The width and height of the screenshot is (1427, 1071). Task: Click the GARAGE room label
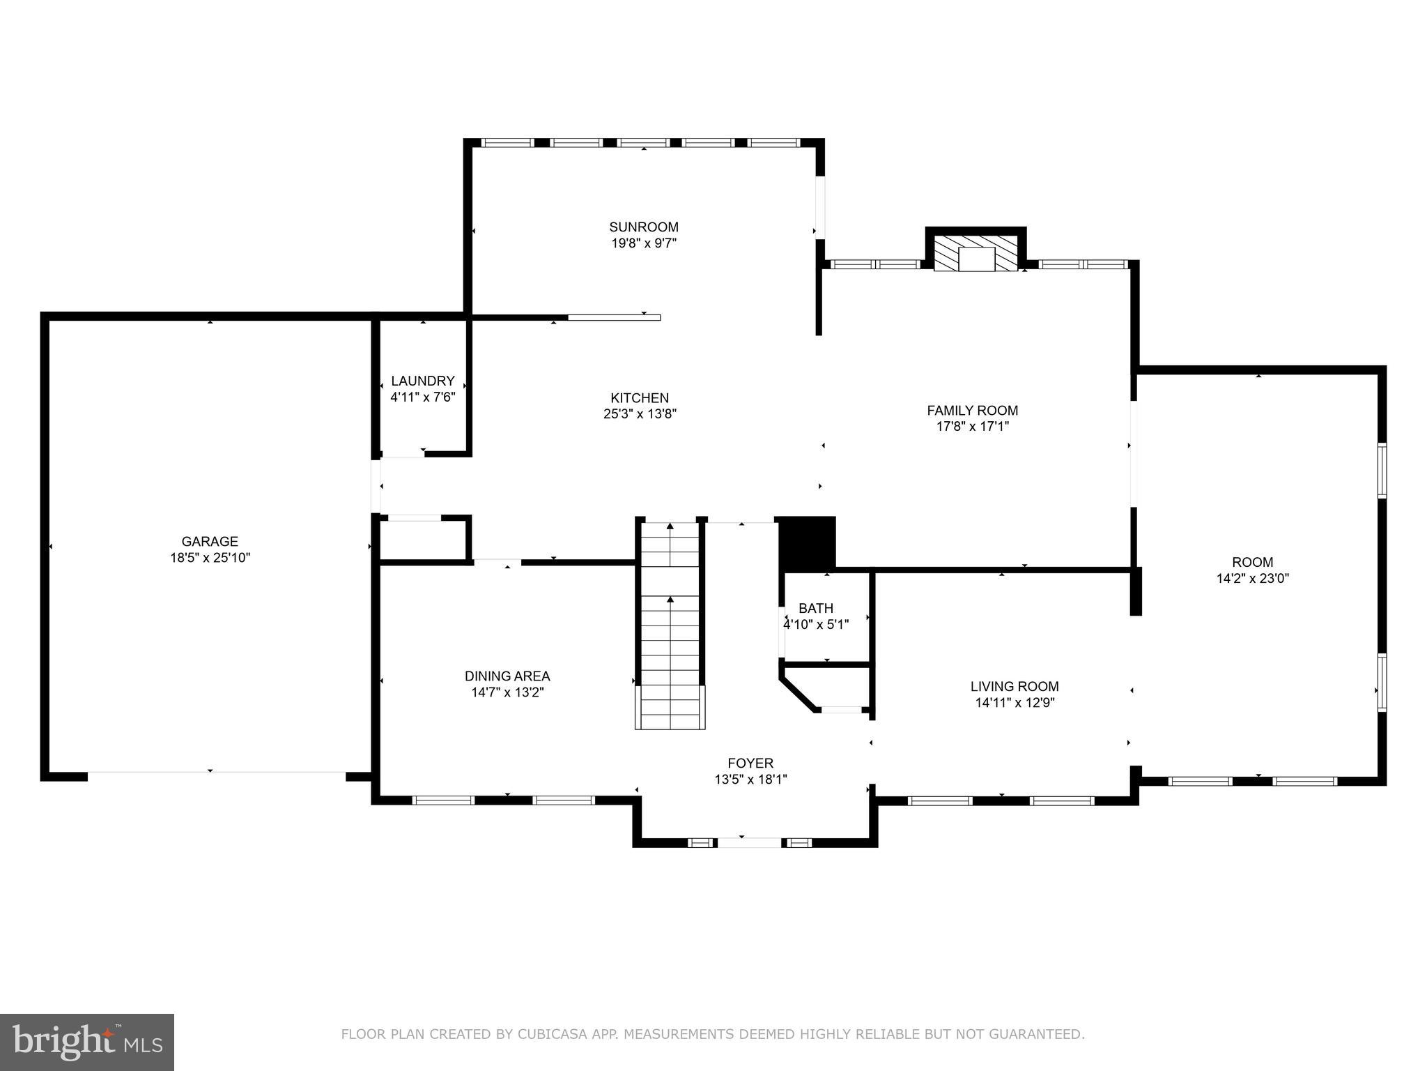210,541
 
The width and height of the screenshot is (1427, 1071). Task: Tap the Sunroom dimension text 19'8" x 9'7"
643,243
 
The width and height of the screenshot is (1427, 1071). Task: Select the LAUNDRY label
422,381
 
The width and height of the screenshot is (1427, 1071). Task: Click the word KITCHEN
640,397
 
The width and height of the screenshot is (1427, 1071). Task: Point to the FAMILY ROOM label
972,410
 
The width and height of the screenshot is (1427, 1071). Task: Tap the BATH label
815,608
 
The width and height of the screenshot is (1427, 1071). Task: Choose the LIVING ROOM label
1015,686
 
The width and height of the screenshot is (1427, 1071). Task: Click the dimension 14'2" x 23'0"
1252,578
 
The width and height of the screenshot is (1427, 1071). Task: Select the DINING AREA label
507,676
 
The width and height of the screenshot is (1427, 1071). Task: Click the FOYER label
750,763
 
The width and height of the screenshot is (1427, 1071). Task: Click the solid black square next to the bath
806,542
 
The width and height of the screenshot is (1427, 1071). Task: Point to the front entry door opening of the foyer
750,842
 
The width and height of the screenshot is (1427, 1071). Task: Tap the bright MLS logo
87,1042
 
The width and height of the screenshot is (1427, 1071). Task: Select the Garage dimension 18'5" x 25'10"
210,558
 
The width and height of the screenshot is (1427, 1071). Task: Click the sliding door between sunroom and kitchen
614,317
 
